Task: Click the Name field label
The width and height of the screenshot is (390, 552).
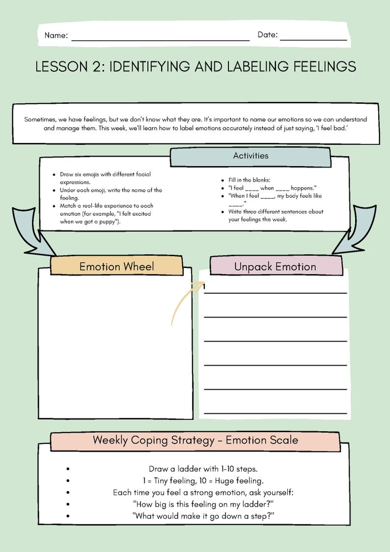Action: [x=56, y=35]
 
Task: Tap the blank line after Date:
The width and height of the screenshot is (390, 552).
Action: [x=313, y=39]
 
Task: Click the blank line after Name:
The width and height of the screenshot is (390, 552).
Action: [x=160, y=40]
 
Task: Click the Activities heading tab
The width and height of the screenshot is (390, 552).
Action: [x=251, y=156]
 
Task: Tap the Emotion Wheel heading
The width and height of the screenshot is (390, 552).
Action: [x=116, y=266]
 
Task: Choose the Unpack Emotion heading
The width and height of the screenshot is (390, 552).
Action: [x=275, y=266]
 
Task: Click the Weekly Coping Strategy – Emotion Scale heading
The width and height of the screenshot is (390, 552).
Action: [x=195, y=440]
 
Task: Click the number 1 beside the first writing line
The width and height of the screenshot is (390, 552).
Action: [x=203, y=287]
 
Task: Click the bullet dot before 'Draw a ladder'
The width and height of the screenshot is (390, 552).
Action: [x=68, y=469]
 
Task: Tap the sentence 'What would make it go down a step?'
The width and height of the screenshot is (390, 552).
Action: [x=203, y=516]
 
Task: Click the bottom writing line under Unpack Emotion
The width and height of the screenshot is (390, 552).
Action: [x=275, y=412]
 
